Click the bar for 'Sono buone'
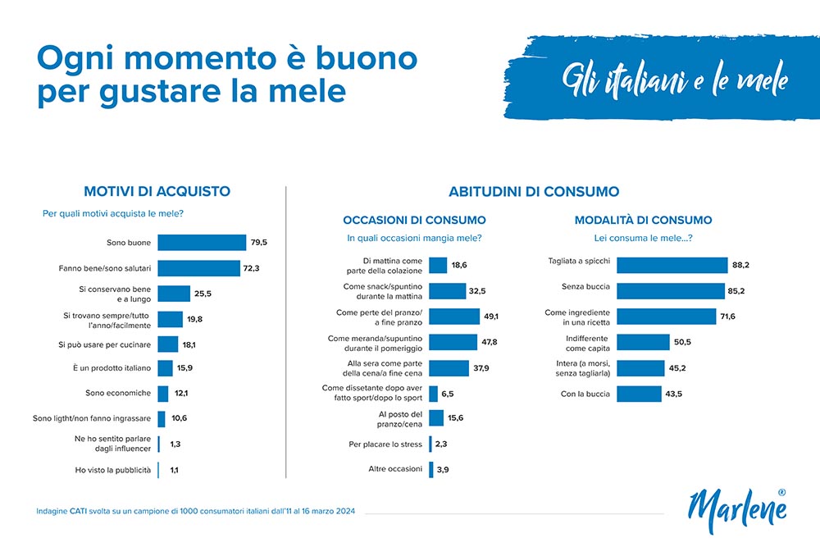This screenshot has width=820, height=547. [x=202, y=243]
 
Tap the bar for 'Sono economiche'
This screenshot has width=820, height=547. [x=163, y=394]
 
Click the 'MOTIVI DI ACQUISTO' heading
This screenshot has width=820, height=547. [x=157, y=192]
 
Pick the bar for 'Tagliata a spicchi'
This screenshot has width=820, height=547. [x=672, y=265]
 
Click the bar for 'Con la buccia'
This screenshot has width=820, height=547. [x=639, y=394]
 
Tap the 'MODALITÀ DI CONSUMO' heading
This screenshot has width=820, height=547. [x=643, y=220]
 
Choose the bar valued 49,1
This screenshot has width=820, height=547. [x=454, y=317]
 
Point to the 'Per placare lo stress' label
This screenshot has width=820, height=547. [x=385, y=444]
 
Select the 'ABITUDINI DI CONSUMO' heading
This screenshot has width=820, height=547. [x=534, y=192]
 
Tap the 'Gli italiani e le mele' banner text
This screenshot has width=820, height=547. [x=674, y=80]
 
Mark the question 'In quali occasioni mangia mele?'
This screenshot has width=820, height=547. [x=414, y=239]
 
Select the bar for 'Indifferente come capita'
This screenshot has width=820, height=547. [x=643, y=343]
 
